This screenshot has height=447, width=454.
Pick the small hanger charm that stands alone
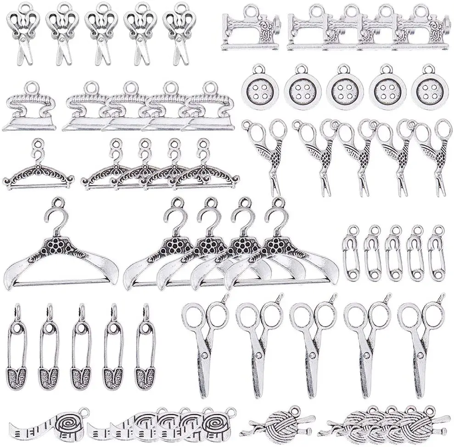[x=38, y=172]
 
